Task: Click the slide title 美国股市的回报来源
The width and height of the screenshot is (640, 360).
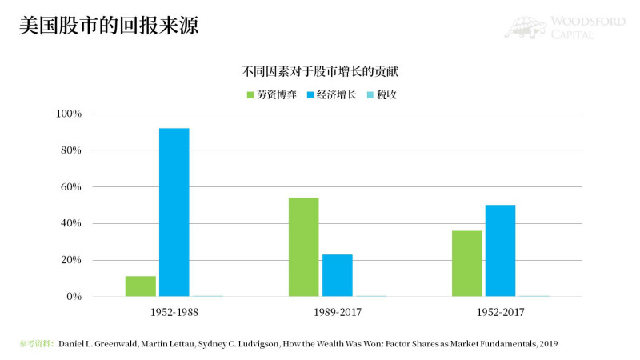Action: point(109,26)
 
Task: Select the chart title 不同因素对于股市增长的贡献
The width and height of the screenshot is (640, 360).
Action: point(320,71)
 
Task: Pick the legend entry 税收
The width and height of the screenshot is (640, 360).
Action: point(382,94)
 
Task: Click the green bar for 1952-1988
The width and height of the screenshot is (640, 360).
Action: point(140,286)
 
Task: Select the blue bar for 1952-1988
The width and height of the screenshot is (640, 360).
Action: point(174,212)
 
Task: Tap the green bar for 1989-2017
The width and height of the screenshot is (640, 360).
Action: point(303,247)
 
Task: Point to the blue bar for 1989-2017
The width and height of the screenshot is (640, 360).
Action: point(337,275)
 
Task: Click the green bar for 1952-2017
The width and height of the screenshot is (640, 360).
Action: point(466,263)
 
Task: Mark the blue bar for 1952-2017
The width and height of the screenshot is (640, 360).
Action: point(500,250)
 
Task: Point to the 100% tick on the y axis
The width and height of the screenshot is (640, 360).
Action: point(69,114)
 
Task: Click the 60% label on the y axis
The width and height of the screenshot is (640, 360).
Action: point(71,187)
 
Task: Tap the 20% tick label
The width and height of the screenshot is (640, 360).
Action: point(71,260)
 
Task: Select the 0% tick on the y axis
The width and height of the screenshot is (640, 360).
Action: point(74,297)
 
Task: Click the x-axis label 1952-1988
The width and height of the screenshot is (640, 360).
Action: point(174,312)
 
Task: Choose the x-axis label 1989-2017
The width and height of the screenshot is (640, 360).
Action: point(337,312)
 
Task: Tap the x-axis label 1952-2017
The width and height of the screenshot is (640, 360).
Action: point(500,312)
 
